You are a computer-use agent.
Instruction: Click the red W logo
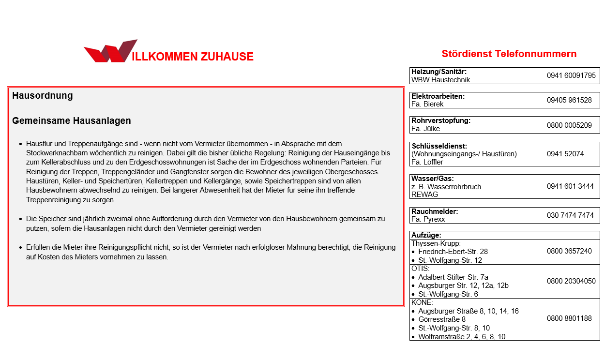(111, 51)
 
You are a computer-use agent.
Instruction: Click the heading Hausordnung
(43, 96)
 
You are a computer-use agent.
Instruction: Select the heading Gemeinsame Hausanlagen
(72, 121)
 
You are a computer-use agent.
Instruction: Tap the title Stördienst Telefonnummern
(509, 54)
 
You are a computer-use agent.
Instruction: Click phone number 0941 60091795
(571, 75)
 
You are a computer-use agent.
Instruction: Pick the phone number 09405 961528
(569, 100)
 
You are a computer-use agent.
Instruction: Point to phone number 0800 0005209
(569, 125)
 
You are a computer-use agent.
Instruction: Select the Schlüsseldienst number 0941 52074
(565, 154)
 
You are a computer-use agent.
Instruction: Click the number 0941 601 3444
(570, 186)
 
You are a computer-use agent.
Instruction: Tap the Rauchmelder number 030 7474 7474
(570, 215)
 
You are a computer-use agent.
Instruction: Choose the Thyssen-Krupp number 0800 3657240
(569, 252)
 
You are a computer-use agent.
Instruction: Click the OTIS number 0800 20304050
(571, 281)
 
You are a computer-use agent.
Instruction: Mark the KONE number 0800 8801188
(569, 318)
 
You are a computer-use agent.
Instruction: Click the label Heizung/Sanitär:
(439, 72)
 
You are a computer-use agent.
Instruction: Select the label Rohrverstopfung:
(441, 120)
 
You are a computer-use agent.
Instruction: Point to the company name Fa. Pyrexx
(428, 219)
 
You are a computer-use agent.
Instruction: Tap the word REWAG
(424, 194)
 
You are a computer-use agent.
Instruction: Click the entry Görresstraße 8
(442, 319)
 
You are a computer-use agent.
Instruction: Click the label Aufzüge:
(426, 236)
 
